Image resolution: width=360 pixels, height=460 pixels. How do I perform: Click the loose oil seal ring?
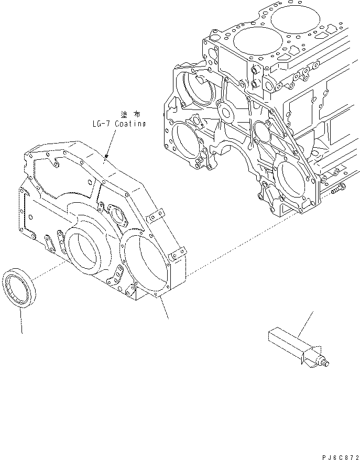click(x=20, y=289)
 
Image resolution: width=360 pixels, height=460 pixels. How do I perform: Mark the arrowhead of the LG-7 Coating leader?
click(x=106, y=156)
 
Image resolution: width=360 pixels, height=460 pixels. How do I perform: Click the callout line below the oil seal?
click(x=21, y=322)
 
